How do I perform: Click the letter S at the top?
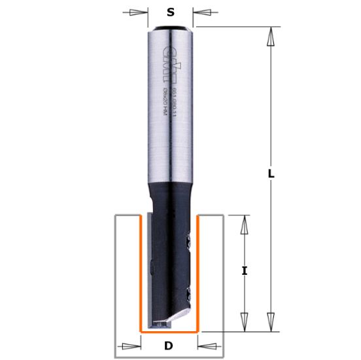click(x=170, y=12)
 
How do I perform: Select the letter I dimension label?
click(x=243, y=270)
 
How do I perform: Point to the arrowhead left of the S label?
click(x=139, y=12)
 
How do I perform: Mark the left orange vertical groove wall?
click(x=142, y=275)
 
